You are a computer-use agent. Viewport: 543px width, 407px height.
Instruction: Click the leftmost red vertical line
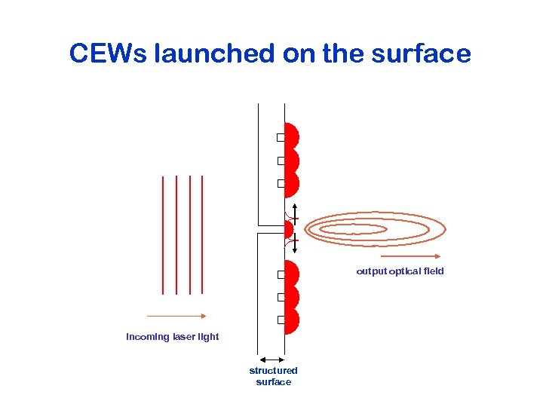coord(162,234)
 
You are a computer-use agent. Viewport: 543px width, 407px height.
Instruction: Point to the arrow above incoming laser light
coord(176,317)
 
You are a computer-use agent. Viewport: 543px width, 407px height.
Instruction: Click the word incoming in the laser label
coord(148,337)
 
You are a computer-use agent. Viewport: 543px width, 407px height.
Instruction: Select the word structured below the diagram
coord(273,370)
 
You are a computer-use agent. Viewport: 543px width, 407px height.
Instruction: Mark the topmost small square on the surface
coord(280,137)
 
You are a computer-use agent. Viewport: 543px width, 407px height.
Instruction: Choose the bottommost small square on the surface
coord(280,320)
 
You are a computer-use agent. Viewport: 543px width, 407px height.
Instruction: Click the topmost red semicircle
coord(291,136)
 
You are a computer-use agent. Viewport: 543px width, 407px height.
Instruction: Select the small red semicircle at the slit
coord(287,228)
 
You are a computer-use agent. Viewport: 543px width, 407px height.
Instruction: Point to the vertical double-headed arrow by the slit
coord(295,228)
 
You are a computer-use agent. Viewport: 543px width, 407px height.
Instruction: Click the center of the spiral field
coord(354,229)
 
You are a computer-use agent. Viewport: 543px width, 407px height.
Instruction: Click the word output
coord(371,271)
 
